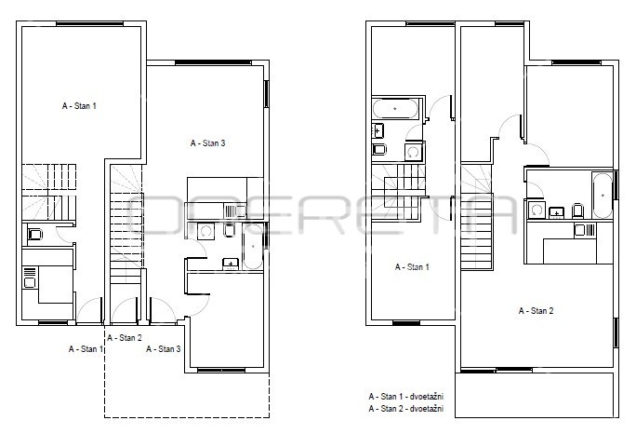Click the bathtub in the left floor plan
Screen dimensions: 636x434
(x=252, y=247)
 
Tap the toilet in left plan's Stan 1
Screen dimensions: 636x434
(x=35, y=235)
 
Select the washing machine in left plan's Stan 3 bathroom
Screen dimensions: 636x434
(x=205, y=231)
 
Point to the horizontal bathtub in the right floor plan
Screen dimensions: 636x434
(x=395, y=108)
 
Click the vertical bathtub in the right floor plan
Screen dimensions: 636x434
(x=603, y=196)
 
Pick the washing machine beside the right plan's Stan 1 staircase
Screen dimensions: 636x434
(x=414, y=153)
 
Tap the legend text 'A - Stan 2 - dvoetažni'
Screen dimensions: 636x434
(x=406, y=409)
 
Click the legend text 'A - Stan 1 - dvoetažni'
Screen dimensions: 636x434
(x=406, y=396)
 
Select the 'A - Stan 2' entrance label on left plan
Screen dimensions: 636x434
(x=125, y=338)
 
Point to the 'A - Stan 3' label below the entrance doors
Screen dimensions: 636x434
(x=164, y=348)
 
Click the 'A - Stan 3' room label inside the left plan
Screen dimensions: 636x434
(x=207, y=143)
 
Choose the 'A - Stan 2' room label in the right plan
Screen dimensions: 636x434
(x=536, y=311)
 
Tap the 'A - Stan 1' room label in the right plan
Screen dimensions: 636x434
(x=412, y=267)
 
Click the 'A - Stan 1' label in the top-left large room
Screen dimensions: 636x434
(x=79, y=106)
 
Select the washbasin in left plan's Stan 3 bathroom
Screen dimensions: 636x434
(x=231, y=264)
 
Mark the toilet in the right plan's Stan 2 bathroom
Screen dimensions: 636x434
(x=577, y=211)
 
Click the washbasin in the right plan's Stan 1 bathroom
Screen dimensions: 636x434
(x=378, y=130)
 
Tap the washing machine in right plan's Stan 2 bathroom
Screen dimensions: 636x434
(x=537, y=210)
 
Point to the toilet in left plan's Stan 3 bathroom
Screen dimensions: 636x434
(x=229, y=230)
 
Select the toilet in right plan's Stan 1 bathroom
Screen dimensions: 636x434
(x=379, y=150)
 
